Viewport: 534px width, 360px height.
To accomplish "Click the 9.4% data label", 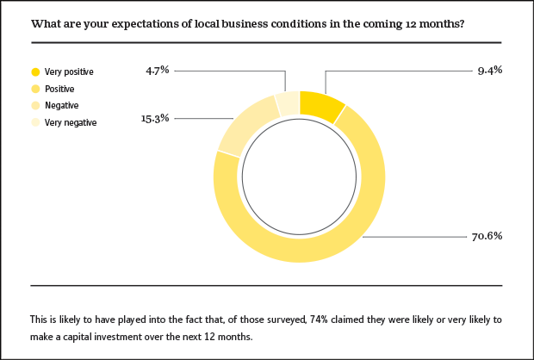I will (489, 71).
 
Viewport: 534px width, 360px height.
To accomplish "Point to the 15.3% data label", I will (156, 118).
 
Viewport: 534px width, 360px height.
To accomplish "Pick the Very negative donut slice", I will (289, 102).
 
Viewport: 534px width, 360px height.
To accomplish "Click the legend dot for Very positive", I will (35, 71).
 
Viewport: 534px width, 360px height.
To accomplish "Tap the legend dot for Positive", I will (35, 89).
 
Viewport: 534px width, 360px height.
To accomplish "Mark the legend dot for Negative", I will (35, 105).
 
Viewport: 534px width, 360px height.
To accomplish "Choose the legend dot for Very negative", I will (35, 122).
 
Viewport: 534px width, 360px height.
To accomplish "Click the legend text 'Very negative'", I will (70, 122).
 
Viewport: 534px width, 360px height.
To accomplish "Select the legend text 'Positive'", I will (59, 89).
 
